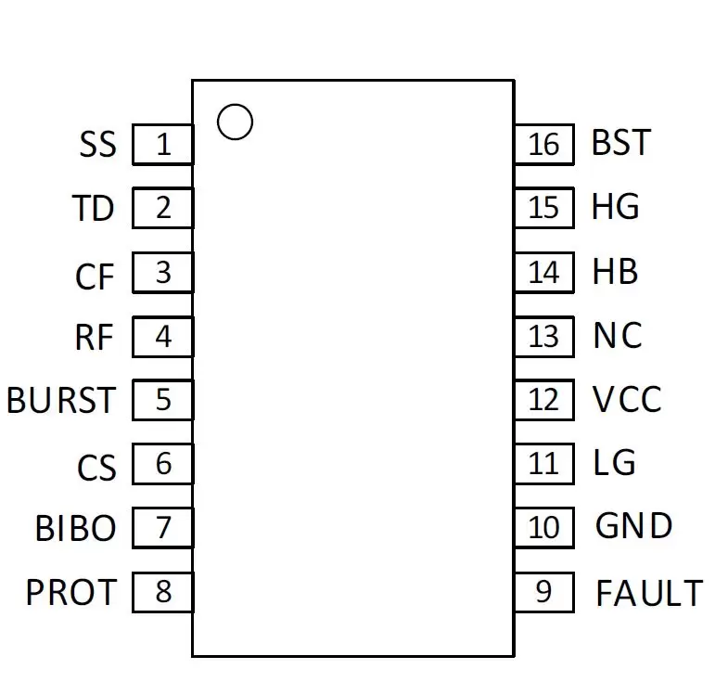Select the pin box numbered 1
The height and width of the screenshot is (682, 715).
pyautogui.click(x=163, y=144)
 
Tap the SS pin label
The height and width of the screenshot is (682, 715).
pyautogui.click(x=98, y=144)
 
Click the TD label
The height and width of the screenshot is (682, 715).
pyautogui.click(x=93, y=208)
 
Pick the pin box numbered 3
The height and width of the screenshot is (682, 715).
pyautogui.click(x=163, y=273)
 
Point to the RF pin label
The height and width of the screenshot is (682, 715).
pyautogui.click(x=94, y=337)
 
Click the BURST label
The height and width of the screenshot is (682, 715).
pyautogui.click(x=61, y=400)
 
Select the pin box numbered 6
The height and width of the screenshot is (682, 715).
pyautogui.click(x=163, y=464)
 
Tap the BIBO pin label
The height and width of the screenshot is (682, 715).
pyautogui.click(x=76, y=528)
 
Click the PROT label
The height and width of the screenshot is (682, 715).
pyautogui.click(x=71, y=592)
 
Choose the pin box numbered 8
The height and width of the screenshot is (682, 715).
pyautogui.click(x=163, y=592)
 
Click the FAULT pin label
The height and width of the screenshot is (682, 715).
pyautogui.click(x=649, y=593)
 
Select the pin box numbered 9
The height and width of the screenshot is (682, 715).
pyautogui.click(x=544, y=592)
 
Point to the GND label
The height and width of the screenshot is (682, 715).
pyautogui.click(x=633, y=525)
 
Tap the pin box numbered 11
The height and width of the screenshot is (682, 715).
pyautogui.click(x=544, y=464)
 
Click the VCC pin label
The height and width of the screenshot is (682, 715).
pyautogui.click(x=627, y=399)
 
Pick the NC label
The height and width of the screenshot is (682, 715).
pyautogui.click(x=618, y=335)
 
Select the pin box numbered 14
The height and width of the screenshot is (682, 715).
pyautogui.click(x=544, y=273)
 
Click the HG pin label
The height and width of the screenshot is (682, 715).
pyautogui.click(x=615, y=206)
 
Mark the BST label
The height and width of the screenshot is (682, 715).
pyautogui.click(x=621, y=142)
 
